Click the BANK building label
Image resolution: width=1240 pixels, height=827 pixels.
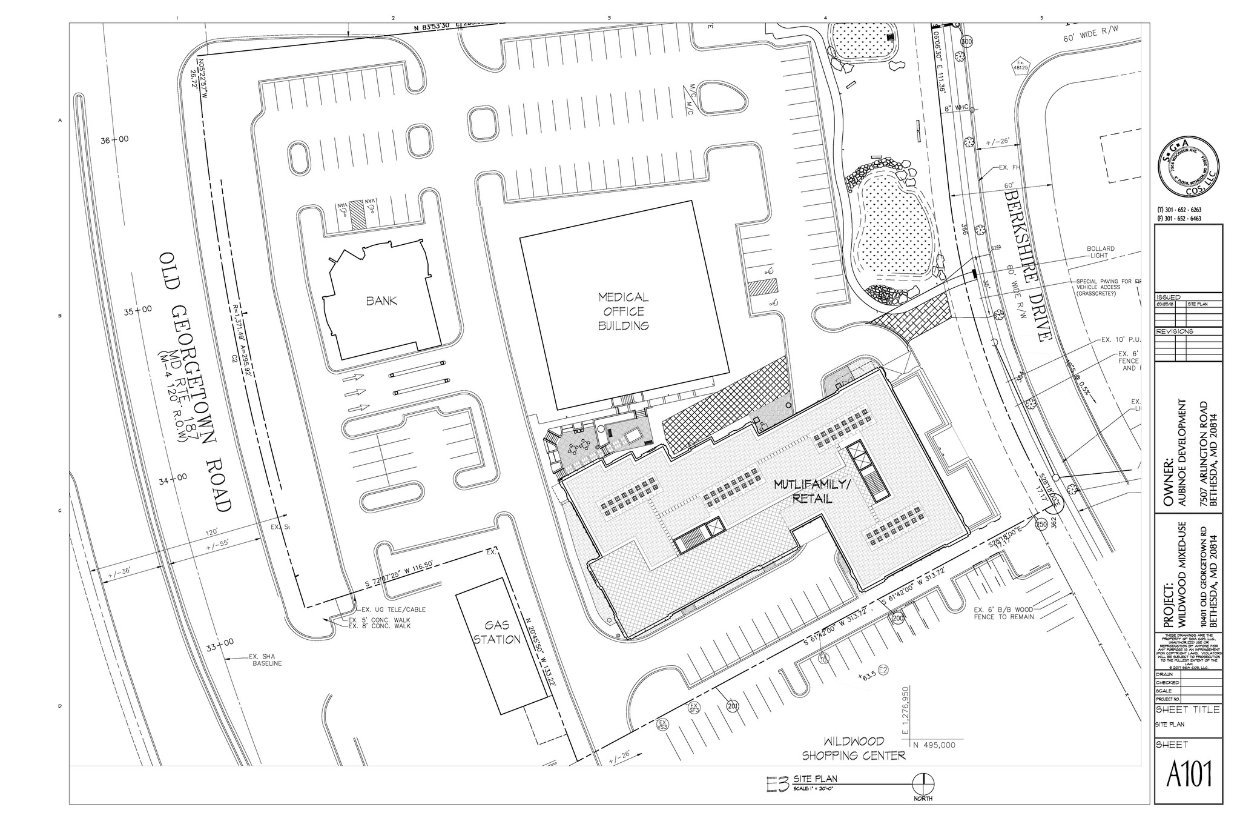click(x=381, y=301)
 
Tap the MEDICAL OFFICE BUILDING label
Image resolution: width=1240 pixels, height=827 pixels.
click(x=623, y=311)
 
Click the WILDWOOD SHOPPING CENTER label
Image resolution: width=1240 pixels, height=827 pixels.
click(x=854, y=748)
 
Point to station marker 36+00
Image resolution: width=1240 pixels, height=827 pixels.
click(x=114, y=139)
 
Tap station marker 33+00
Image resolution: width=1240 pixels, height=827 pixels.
click(x=219, y=648)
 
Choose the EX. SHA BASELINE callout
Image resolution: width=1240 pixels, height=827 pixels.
click(x=266, y=660)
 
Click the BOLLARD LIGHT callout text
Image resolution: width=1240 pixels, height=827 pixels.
click(x=1100, y=252)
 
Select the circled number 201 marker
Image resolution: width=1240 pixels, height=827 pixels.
click(x=732, y=706)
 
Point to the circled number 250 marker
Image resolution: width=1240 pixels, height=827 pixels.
click(x=1041, y=524)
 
